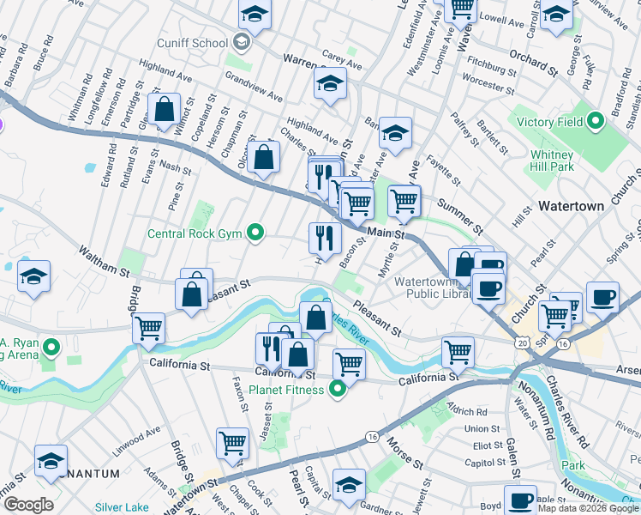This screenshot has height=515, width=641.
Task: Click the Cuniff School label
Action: pos(192,43)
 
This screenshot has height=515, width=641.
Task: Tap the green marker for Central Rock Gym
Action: pos(255,233)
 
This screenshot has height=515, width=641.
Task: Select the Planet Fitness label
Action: pos(286,390)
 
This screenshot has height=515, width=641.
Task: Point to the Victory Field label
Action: pos(548,122)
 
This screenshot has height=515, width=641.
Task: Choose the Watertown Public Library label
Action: pos(432,288)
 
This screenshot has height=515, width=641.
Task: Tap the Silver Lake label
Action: pos(123,507)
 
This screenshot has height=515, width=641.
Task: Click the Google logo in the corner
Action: pos(27,505)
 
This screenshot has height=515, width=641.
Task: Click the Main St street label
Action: pos(386,234)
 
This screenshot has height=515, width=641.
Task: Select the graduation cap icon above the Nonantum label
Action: pos(52,461)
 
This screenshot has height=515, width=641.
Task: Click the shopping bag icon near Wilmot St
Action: pos(163,110)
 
